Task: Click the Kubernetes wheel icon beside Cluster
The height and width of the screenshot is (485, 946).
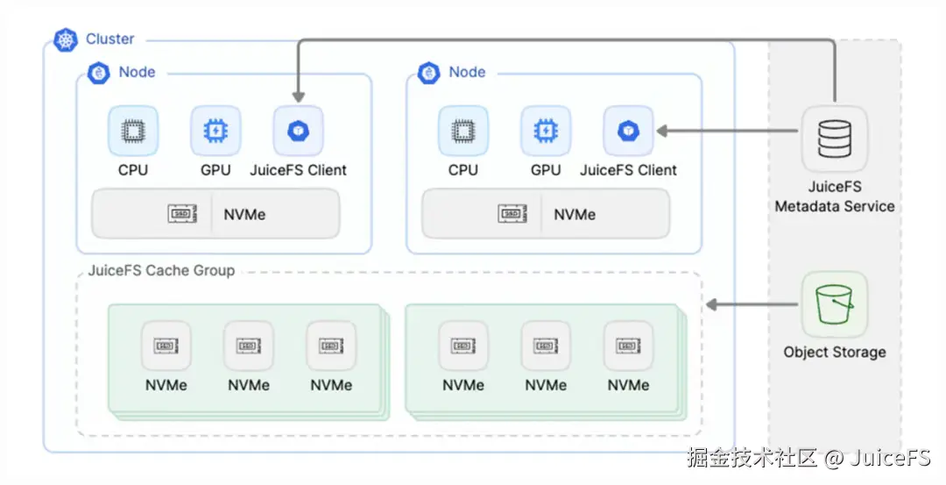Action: tap(65, 39)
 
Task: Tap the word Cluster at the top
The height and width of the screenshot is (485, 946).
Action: tap(109, 39)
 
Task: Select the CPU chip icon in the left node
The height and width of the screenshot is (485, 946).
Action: tap(133, 131)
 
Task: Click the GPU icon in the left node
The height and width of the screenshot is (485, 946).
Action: tap(215, 131)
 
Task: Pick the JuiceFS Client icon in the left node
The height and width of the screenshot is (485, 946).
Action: tap(298, 131)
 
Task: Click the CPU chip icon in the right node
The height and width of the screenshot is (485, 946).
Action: tap(463, 131)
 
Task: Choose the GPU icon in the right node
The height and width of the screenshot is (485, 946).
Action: tap(546, 131)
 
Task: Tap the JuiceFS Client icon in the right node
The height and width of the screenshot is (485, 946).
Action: tap(628, 131)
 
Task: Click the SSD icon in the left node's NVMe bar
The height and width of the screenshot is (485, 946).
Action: tap(182, 214)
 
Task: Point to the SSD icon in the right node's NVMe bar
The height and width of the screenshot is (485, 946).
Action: tap(512, 214)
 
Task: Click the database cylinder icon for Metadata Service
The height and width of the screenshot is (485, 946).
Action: tap(835, 139)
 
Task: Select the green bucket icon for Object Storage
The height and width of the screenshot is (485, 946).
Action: tap(835, 304)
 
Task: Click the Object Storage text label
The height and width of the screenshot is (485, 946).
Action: tap(835, 352)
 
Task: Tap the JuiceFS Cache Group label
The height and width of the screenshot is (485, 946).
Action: tap(161, 271)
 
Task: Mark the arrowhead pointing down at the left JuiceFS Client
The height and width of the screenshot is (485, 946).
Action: tap(298, 96)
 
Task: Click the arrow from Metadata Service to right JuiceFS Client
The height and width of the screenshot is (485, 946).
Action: tap(728, 131)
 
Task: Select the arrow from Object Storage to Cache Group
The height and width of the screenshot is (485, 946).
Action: tap(752, 304)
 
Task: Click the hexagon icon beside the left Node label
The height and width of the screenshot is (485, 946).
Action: tap(98, 73)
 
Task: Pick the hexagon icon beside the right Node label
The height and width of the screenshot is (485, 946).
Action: tap(429, 73)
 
